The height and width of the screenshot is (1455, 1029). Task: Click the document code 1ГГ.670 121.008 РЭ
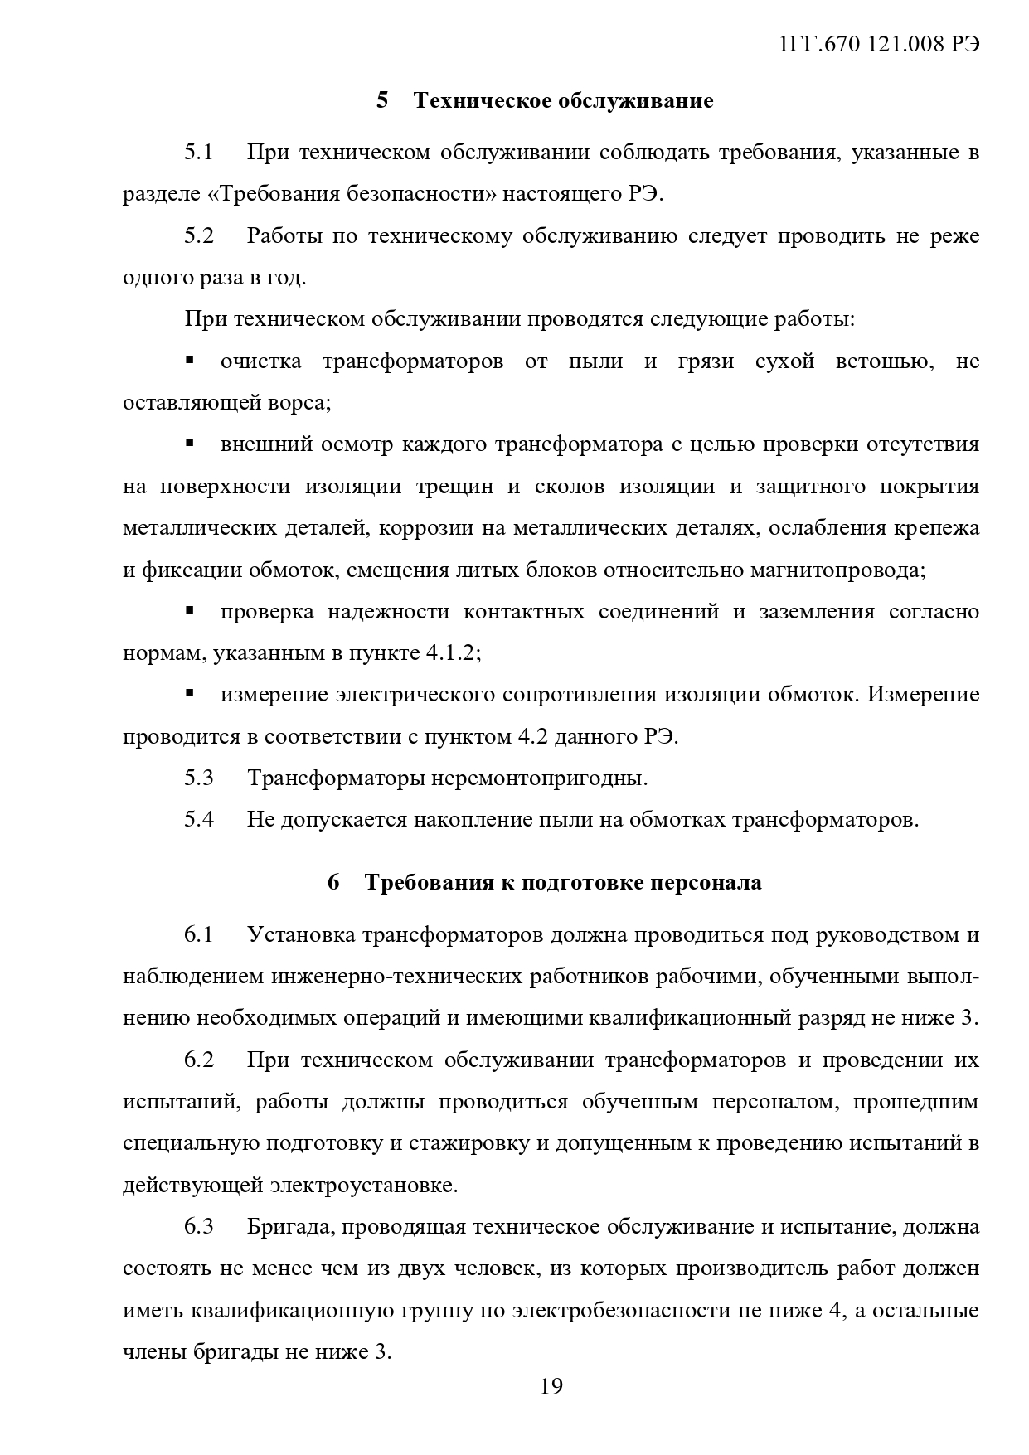tap(880, 46)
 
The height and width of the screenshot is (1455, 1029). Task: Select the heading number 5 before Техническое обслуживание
tap(382, 101)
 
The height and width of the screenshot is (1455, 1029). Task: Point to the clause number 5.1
tap(199, 153)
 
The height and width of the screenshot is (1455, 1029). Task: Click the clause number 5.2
tap(199, 236)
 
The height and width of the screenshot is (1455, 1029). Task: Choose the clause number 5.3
tap(199, 778)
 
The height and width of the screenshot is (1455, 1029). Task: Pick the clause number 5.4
tap(199, 819)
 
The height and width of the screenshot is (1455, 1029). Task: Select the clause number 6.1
tap(199, 934)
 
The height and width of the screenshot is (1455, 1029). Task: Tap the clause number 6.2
tap(199, 1060)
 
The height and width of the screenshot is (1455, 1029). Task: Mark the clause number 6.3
tap(199, 1226)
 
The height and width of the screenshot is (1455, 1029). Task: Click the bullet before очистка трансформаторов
tap(190, 361)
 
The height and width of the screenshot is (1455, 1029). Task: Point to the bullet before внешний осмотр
tap(190, 444)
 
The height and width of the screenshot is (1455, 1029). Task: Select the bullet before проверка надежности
tap(190, 611)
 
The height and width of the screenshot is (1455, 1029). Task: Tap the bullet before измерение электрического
tap(190, 693)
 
